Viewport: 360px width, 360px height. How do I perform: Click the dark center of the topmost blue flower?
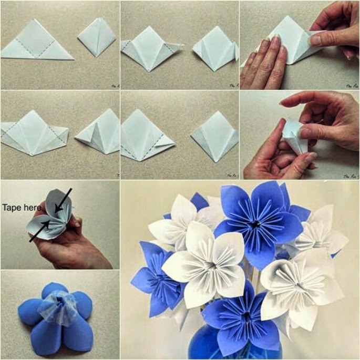coord(256,223)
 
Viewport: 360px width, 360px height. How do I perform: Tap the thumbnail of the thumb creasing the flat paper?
coord(316,39)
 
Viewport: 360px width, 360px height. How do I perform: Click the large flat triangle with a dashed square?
coord(37,42)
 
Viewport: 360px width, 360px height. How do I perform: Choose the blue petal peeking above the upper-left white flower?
coord(199,201)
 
